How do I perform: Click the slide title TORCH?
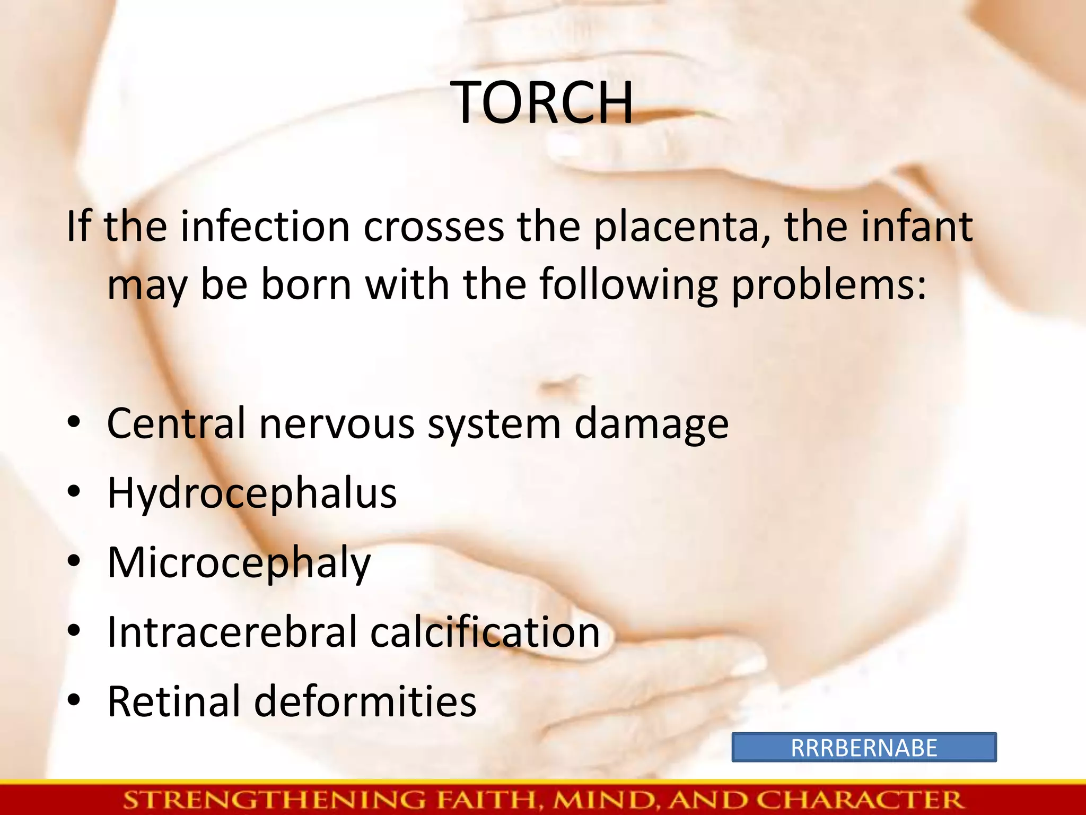click(544, 103)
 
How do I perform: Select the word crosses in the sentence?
click(433, 227)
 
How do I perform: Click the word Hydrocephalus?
click(252, 493)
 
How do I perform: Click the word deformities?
click(365, 701)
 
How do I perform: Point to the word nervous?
click(337, 424)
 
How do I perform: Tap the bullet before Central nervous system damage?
click(74, 423)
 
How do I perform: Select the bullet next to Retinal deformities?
click(74, 700)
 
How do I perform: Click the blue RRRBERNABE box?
click(864, 748)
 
